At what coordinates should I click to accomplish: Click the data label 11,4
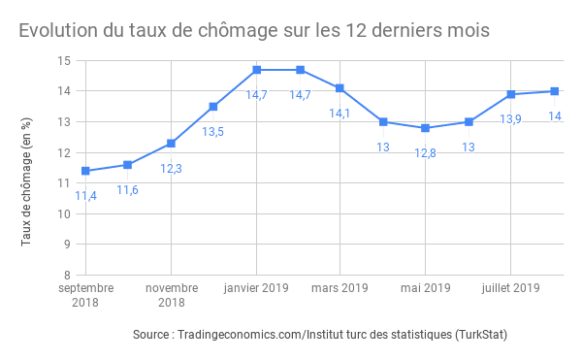85,196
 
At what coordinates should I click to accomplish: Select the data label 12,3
171,168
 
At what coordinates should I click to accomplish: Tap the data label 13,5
213,131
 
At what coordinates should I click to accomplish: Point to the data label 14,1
339,114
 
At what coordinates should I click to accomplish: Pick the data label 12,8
425,153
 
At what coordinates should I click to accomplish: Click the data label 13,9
510,119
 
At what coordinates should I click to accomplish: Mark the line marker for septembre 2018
85,171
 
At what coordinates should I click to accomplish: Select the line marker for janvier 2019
256,70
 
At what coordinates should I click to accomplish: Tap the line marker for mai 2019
425,128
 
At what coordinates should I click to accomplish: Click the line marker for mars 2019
339,88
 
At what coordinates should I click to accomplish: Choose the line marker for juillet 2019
510,94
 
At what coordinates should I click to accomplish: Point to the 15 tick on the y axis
65,60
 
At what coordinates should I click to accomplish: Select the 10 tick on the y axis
65,213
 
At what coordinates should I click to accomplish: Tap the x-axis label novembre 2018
171,295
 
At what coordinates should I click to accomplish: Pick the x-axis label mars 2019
340,288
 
